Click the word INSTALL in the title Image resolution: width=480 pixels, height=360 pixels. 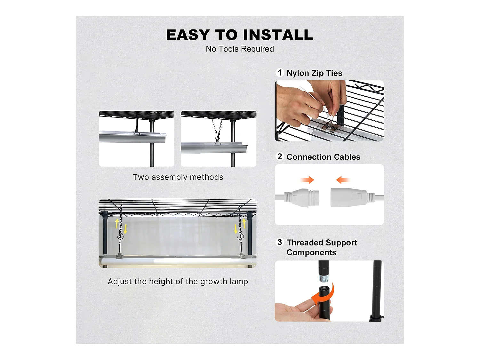[x=278, y=35]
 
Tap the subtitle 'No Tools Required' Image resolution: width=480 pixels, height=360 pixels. [x=240, y=49]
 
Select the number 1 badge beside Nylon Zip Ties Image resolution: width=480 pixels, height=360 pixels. [x=280, y=72]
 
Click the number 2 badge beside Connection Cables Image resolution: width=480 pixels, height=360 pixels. [x=280, y=156]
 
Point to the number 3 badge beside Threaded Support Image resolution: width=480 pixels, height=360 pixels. [x=280, y=242]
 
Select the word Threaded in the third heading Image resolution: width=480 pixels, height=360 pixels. [x=305, y=243]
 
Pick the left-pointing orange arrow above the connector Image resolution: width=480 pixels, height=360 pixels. [x=343, y=180]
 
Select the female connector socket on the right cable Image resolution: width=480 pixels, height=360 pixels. [x=352, y=197]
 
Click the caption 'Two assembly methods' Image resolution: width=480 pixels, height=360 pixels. [x=178, y=177]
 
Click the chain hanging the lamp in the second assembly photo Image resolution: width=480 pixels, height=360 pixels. [x=217, y=130]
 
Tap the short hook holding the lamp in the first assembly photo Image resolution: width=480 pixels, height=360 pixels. [x=137, y=126]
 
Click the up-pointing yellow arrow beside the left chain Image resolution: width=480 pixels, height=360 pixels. [x=117, y=224]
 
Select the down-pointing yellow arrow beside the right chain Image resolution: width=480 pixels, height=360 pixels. [x=236, y=229]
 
